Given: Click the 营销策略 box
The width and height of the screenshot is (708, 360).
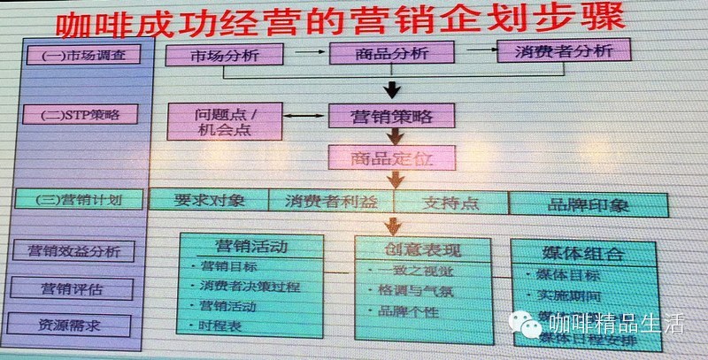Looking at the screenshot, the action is coord(392,116).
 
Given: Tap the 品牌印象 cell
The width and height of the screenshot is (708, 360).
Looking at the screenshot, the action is coord(589,203).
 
